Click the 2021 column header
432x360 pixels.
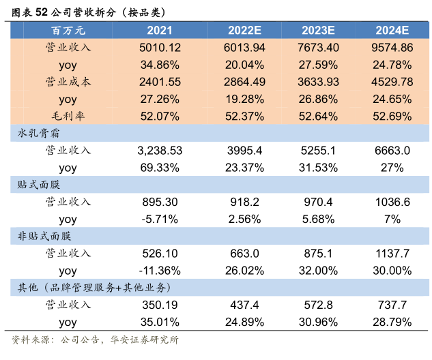[159, 31]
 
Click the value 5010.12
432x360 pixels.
[159, 48]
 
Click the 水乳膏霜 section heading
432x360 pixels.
[40, 133]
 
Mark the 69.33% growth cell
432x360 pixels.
[159, 167]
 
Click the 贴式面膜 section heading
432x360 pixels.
[40, 184]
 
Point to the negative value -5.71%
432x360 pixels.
[159, 219]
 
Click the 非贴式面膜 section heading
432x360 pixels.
[45, 236]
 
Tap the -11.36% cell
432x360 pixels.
[159, 270]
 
